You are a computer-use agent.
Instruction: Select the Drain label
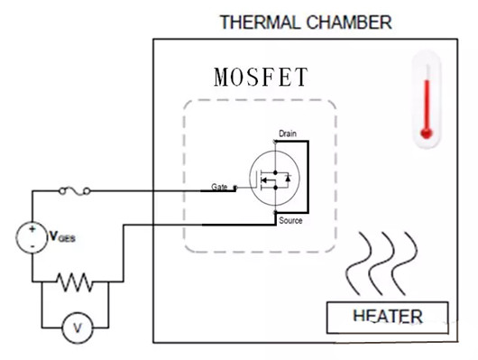(287, 134)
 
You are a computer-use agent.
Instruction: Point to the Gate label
(219, 186)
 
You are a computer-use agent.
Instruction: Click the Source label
(290, 221)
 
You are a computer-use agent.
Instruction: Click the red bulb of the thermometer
(427, 134)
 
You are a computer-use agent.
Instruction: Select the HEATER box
(387, 317)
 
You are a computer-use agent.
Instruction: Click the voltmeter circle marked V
(76, 328)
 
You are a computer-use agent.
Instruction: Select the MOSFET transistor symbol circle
(274, 180)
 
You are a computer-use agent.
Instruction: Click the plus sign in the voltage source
(32, 229)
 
